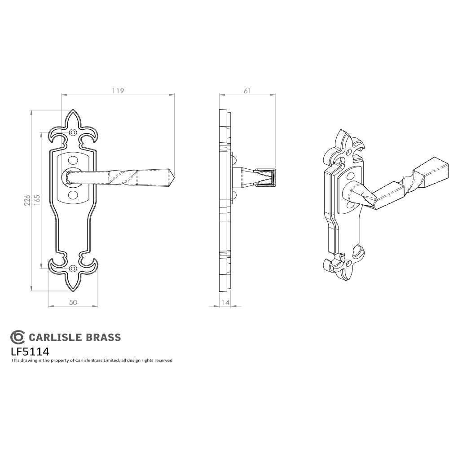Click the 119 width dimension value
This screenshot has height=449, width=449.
[118, 91]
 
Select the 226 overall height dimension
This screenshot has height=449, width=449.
[27, 200]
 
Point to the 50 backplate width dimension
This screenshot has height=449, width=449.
[73, 303]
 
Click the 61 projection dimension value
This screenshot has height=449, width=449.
[247, 91]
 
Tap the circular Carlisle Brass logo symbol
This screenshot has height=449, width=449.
[18, 337]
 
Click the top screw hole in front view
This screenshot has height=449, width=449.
[74, 132]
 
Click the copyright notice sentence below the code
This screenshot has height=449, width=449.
[92, 360]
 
